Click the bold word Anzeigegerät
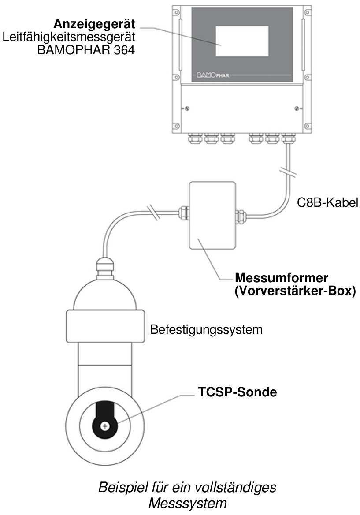click(x=94, y=24)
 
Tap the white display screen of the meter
click(x=242, y=41)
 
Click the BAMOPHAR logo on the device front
click(x=213, y=75)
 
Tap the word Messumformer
click(x=281, y=278)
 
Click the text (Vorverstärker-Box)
click(x=295, y=291)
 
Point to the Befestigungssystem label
click(x=206, y=329)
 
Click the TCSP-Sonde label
click(x=237, y=392)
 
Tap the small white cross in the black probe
click(x=105, y=426)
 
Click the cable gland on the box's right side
click(x=241, y=215)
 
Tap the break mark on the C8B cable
click(x=288, y=172)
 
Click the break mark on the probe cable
click(x=153, y=213)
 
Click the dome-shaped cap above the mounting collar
click(x=105, y=294)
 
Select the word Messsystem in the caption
click(x=188, y=503)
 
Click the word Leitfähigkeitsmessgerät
click(x=69, y=37)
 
